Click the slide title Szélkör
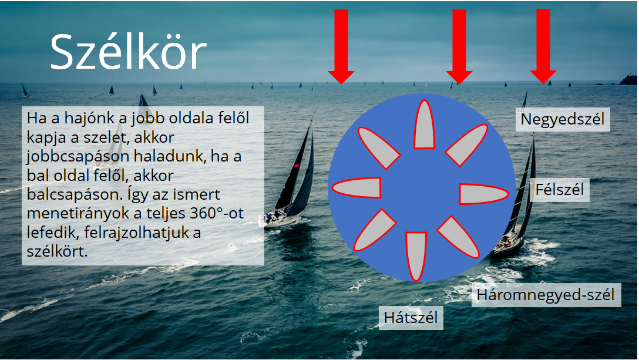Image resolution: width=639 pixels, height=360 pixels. coord(129,52)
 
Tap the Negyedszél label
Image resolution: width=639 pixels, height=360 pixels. coord(563,119)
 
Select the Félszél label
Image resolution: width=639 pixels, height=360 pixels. coord(560,190)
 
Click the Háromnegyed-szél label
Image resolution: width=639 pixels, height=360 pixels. coord(546,295)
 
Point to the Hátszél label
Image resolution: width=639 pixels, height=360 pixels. coord(411,318)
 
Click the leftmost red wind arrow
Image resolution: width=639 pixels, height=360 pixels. coord(341,46)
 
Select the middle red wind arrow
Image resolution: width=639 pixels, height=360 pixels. coord(459,46)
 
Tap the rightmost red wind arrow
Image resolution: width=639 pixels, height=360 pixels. coord(543,46)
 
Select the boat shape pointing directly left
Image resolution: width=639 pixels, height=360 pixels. coord(356,188)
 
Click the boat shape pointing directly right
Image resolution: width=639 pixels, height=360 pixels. coord(484,194)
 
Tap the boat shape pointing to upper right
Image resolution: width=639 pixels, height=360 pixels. coord(467,144)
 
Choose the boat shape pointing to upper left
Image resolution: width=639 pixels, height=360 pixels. coord(379,147)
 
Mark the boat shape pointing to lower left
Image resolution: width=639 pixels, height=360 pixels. coord(375,230)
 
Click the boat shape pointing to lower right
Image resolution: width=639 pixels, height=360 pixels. coord(459,237)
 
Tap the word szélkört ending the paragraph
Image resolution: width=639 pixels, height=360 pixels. coord(57,251)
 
